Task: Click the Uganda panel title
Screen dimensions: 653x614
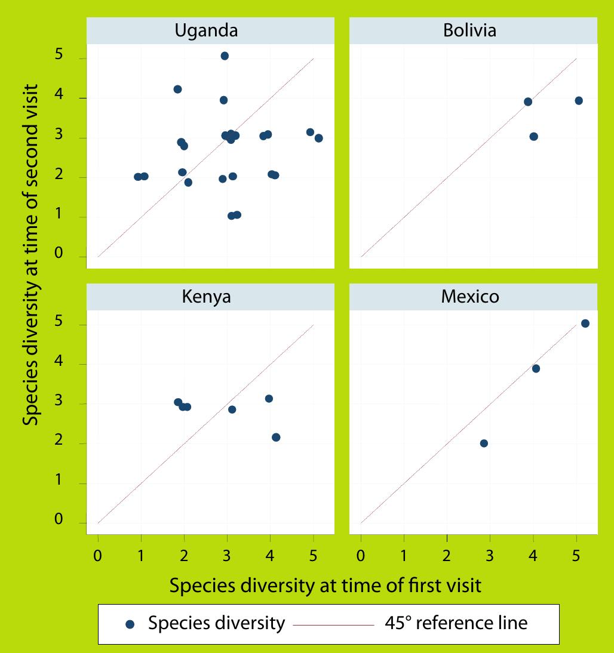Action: [x=206, y=31]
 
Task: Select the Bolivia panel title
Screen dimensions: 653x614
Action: [x=469, y=31]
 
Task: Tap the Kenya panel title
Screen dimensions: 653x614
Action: [x=206, y=297]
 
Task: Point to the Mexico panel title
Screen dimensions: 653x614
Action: [x=469, y=297]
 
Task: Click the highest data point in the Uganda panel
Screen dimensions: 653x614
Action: [x=225, y=56]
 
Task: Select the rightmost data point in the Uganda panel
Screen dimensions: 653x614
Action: [x=318, y=138]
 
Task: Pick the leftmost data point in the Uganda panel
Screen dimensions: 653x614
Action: [x=138, y=177]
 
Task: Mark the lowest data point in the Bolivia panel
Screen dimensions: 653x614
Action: [x=533, y=137]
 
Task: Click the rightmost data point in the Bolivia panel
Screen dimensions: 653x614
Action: [x=578, y=101]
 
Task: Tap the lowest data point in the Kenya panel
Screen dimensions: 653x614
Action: [x=276, y=438]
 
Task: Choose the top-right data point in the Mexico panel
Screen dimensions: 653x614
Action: [x=585, y=324]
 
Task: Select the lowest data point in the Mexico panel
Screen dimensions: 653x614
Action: [x=484, y=443]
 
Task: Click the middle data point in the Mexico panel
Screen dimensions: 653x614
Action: [x=536, y=369]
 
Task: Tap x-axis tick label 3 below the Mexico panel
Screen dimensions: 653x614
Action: [x=490, y=555]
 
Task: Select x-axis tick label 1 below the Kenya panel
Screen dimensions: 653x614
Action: [x=141, y=555]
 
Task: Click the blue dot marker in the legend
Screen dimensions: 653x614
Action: [x=131, y=624]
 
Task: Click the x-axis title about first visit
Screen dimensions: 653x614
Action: [x=325, y=586]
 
